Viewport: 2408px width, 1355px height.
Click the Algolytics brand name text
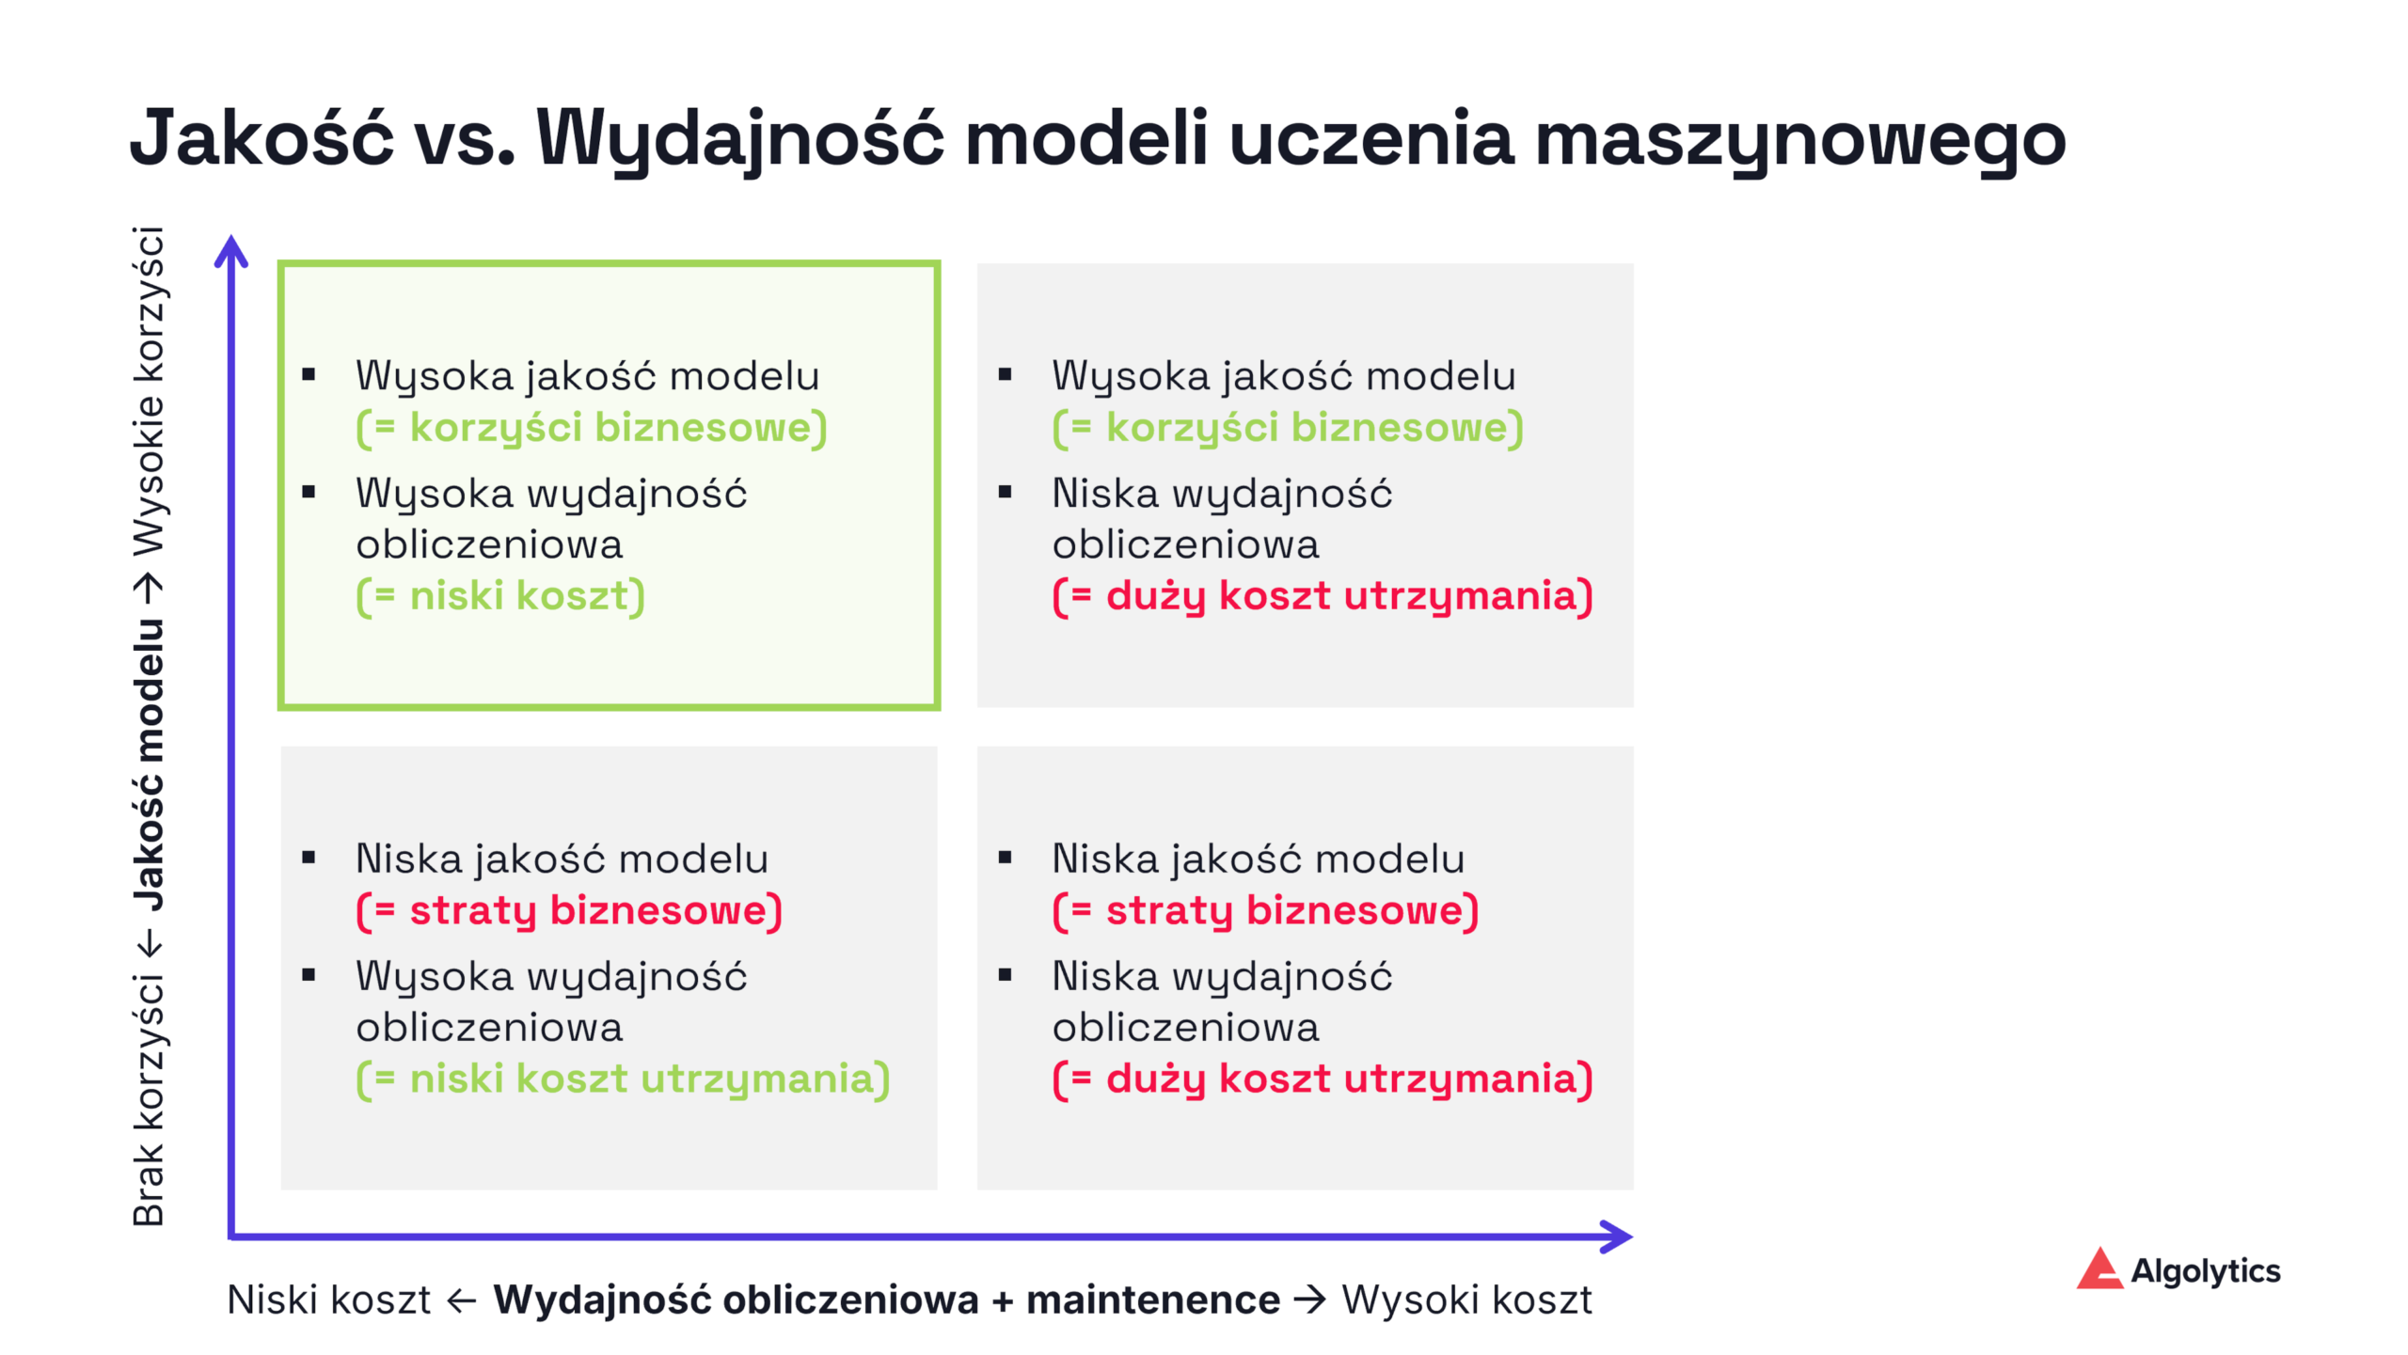[x=2205, y=1271]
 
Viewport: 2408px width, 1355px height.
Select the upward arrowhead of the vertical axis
[x=231, y=251]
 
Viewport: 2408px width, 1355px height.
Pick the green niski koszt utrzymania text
[x=623, y=1079]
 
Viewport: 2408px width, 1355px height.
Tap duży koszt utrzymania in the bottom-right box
[x=1323, y=1079]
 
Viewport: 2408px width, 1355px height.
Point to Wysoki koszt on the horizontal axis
[x=1466, y=1300]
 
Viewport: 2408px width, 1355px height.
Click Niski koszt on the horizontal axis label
[x=328, y=1300]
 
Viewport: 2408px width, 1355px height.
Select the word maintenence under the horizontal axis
[x=1153, y=1300]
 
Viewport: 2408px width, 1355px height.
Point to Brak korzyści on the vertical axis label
[x=149, y=1100]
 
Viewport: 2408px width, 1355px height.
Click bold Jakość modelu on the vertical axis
[x=149, y=764]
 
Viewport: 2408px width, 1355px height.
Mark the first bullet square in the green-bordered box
[x=309, y=375]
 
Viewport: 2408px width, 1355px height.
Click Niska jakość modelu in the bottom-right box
[x=1258, y=859]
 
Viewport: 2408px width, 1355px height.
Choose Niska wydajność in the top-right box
[x=1222, y=494]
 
